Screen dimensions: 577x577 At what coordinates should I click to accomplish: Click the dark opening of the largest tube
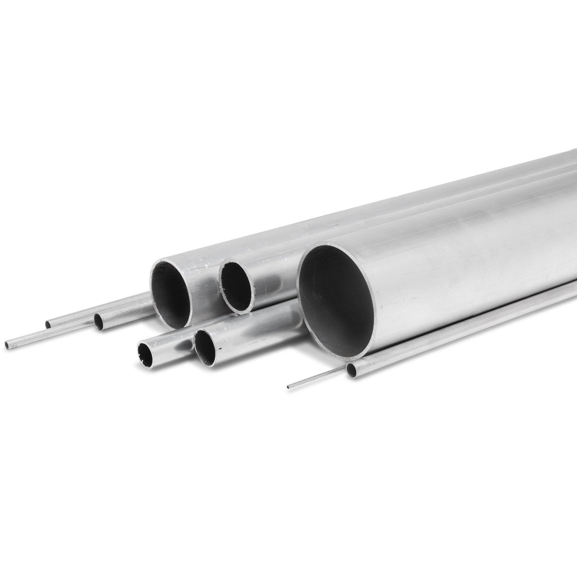[336, 301]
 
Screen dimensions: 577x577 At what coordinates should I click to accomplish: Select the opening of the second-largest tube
[171, 294]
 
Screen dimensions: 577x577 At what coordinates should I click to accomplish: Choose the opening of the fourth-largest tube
[206, 348]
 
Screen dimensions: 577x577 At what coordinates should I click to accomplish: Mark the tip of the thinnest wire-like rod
[289, 387]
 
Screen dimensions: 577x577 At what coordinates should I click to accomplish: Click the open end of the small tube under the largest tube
[351, 370]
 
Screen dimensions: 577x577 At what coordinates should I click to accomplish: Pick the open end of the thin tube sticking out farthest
[7, 345]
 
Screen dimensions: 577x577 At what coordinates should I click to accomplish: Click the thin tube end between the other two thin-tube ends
[48, 325]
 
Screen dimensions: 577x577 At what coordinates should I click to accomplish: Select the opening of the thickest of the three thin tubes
[99, 322]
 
